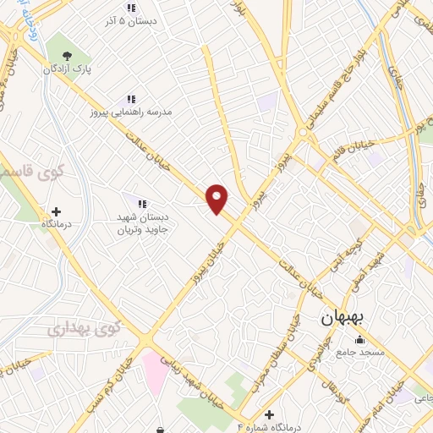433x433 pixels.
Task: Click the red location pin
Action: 218,198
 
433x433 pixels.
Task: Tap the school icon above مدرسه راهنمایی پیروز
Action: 130,98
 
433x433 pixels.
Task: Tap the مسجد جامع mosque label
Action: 361,351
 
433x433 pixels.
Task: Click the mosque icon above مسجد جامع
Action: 360,339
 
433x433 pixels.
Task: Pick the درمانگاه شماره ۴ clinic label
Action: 271,426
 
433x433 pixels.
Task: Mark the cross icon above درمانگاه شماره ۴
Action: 269,414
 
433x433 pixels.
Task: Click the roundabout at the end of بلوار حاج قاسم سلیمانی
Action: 302,132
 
